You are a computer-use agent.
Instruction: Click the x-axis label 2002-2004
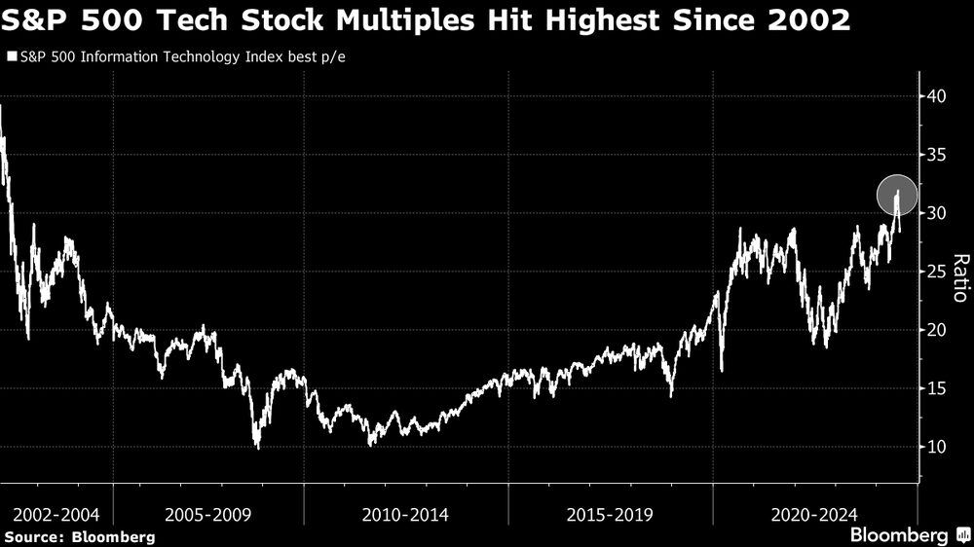[x=56, y=512]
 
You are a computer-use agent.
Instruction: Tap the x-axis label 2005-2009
[x=207, y=512]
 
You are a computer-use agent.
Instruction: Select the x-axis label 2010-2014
[x=405, y=512]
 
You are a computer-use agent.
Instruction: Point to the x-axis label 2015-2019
[x=610, y=512]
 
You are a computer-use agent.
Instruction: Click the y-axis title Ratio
[x=959, y=277]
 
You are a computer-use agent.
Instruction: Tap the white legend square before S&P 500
[x=12, y=57]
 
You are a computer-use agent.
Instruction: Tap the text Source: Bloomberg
[x=79, y=536]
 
